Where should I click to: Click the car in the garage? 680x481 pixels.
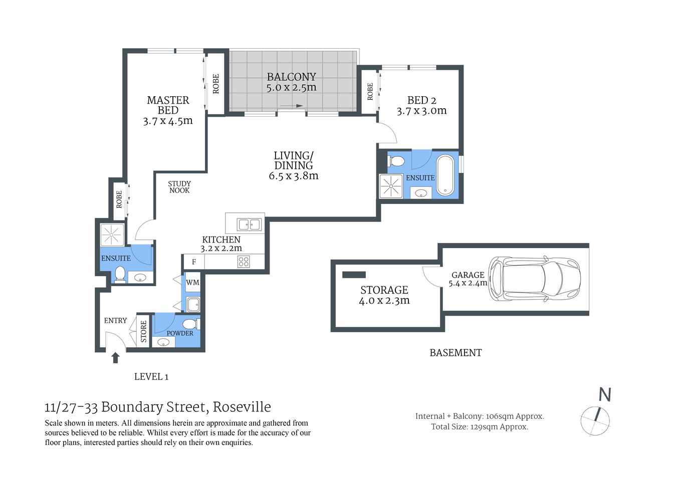coord(534,279)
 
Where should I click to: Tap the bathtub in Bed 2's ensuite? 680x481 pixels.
coord(445,175)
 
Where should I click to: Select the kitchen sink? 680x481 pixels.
coord(249,224)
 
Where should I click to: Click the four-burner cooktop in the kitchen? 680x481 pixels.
coord(244,262)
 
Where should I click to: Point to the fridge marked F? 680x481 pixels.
coord(194,262)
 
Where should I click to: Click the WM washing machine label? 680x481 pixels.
coord(192,283)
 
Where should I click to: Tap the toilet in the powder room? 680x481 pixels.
coord(191,324)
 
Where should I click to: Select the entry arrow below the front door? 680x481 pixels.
coord(115,357)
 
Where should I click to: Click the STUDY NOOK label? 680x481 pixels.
coord(179,187)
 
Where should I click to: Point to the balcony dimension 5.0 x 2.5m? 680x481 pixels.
coord(291,88)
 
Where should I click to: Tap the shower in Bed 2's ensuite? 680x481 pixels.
coord(391,186)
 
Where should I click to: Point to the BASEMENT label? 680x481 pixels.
coord(456,353)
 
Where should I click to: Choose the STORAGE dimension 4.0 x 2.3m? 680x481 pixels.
coord(384,301)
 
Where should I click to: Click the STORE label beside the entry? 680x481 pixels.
coord(144,332)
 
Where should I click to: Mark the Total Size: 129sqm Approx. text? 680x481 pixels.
coord(480,427)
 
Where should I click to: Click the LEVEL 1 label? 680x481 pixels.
coord(151,377)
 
